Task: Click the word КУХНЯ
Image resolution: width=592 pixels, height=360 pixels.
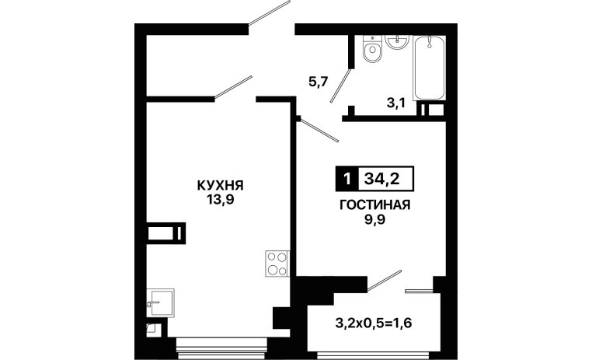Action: coord(220,186)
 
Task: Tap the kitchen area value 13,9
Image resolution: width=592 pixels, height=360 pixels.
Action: coord(220,200)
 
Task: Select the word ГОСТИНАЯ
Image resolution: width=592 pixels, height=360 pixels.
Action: coord(375,204)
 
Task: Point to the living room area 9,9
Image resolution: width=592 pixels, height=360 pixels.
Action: coord(374,219)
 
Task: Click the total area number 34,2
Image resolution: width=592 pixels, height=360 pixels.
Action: coord(381,178)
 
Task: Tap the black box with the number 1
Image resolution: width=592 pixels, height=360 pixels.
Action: coord(346,178)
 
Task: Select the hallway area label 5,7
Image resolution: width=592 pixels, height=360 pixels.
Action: coord(319,82)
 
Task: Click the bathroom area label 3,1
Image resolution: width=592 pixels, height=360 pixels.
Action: coord(395,103)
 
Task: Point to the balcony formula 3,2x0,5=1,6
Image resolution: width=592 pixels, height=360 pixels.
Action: coord(374,323)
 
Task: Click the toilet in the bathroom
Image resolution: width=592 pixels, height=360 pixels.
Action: coord(373,49)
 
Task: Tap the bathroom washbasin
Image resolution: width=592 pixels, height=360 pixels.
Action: coord(397,41)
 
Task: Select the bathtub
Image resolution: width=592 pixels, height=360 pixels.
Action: coord(430,68)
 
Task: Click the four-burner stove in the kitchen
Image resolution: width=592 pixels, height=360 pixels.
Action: coord(277,264)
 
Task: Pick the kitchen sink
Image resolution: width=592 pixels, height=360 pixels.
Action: coord(160,303)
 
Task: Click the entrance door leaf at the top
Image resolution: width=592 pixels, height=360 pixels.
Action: coord(269,12)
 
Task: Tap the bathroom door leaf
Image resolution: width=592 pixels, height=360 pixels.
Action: coord(341,85)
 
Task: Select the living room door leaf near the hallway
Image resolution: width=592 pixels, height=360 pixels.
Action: coord(319,130)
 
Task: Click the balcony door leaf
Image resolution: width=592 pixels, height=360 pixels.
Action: coord(385,281)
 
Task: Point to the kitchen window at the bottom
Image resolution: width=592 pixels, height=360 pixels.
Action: coord(221,348)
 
